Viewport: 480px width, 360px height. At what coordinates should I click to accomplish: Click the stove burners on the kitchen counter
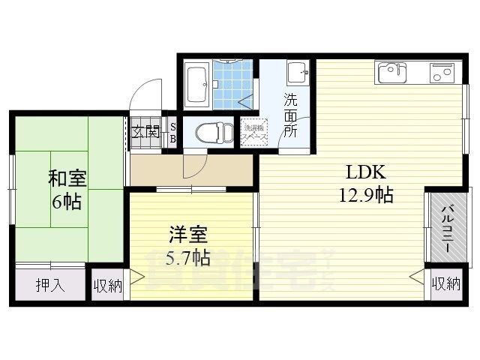[x=441, y=73]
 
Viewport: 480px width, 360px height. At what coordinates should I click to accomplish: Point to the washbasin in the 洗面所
[x=298, y=73]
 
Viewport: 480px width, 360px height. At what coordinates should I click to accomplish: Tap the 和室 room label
[x=67, y=178]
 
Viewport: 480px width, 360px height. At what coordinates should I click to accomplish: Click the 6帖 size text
[x=67, y=202]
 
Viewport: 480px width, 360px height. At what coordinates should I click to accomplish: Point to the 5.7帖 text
[x=187, y=258]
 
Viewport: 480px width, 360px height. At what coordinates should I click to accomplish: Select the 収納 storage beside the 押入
[x=108, y=285]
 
